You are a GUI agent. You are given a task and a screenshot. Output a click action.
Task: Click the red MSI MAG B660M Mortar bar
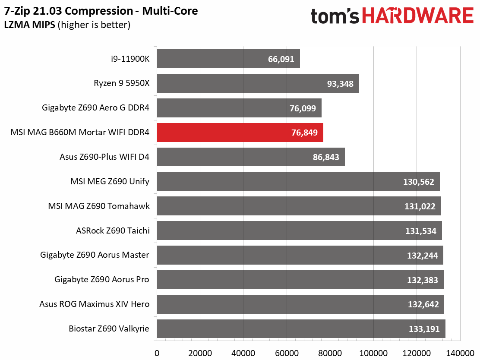coord(240,133)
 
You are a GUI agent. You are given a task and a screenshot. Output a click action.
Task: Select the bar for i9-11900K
coord(228,59)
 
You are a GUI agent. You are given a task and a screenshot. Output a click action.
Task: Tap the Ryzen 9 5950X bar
coord(258,83)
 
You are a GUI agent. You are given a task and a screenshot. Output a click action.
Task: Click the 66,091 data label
coord(281,59)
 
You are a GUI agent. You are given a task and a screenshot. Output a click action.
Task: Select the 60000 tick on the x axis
coord(287,353)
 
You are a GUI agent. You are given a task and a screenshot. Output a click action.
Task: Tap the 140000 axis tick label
coord(460,353)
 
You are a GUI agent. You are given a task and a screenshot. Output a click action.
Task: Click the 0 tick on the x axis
coord(157,353)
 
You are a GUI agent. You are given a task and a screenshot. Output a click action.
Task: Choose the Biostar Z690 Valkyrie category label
coord(109,329)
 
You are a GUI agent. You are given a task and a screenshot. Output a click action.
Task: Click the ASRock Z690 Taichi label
coord(113,231)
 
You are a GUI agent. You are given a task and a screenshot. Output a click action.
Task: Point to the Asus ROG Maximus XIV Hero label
coord(94,304)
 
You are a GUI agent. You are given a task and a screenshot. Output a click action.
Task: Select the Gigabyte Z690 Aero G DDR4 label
coord(96,107)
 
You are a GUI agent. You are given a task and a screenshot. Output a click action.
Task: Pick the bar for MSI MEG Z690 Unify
coord(298,181)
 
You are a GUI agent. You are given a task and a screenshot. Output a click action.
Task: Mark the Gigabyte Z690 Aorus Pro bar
coord(300,280)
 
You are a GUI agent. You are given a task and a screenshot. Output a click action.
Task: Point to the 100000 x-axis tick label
coord(373,353)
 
